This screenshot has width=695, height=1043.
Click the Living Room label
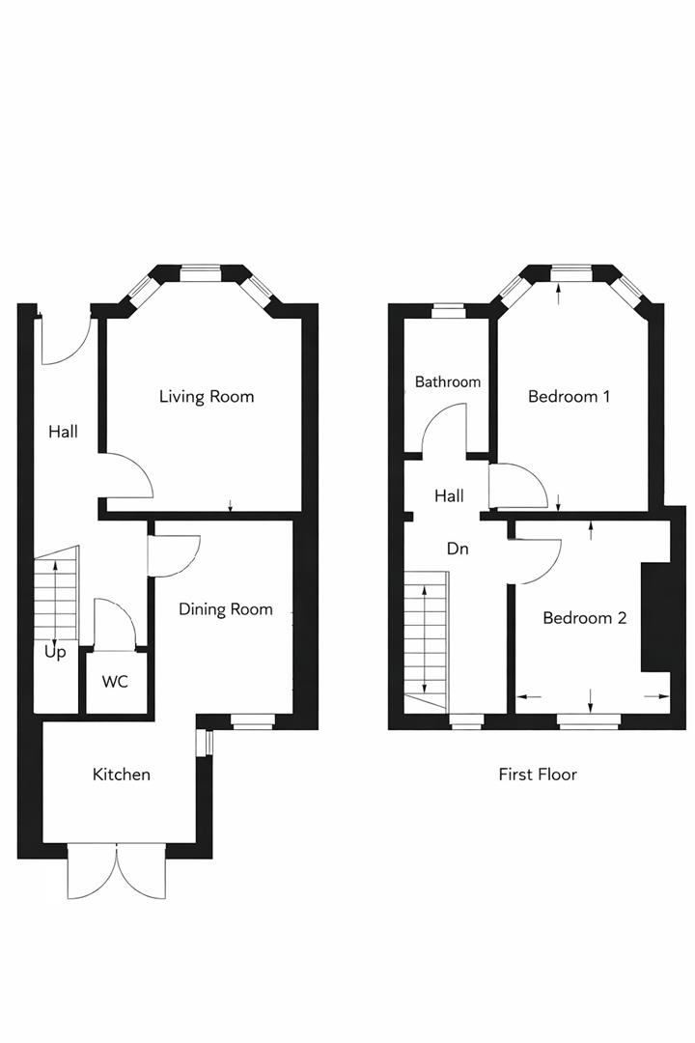(x=207, y=397)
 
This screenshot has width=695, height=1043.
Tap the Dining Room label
(x=226, y=610)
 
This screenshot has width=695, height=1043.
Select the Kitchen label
(x=121, y=775)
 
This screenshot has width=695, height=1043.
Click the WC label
(x=115, y=682)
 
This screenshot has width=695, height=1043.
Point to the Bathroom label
(x=448, y=381)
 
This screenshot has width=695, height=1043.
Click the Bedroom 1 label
(x=569, y=397)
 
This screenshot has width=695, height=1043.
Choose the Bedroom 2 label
(x=585, y=618)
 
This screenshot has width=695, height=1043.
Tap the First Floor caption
(x=538, y=775)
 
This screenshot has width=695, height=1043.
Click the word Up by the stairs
(x=55, y=653)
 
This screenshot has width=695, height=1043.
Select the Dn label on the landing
(x=458, y=549)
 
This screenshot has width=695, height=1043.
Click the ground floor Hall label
(x=63, y=432)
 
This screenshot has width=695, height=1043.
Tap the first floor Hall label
(x=449, y=495)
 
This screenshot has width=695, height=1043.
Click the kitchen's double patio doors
(x=117, y=871)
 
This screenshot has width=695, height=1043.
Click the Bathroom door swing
(x=444, y=428)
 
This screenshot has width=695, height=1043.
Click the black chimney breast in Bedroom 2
(x=656, y=617)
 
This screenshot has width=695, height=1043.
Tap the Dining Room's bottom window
(x=253, y=720)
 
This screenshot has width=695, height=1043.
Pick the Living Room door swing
(x=127, y=475)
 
